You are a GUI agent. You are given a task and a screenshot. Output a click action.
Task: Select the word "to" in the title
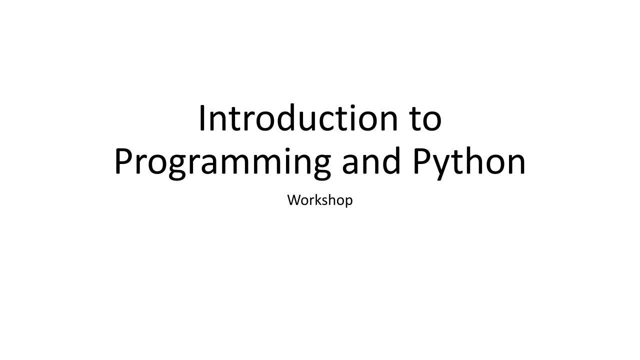pos(426,119)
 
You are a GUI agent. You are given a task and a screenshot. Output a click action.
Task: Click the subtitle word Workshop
pos(320,200)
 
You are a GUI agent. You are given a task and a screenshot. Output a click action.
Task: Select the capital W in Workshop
pos(293,200)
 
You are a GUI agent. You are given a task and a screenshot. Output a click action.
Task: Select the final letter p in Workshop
pos(348,201)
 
